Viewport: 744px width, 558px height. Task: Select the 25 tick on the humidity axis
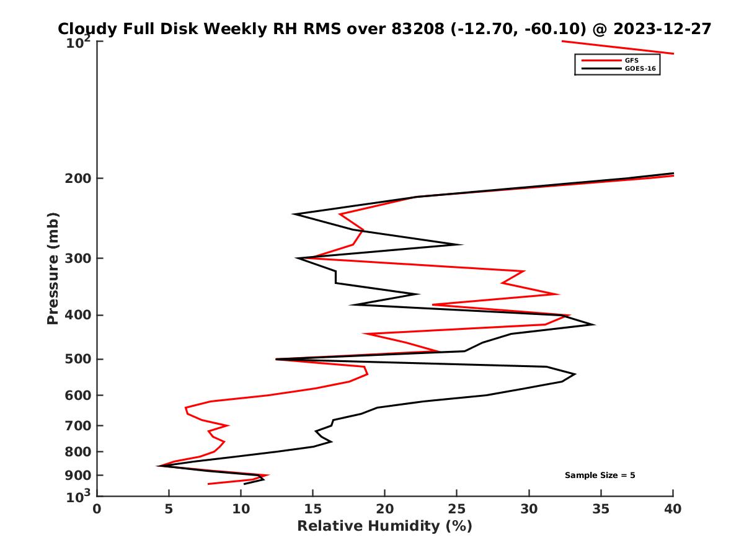pos(457,509)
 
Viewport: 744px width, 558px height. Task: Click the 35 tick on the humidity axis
pos(601,509)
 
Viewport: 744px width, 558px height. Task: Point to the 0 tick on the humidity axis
pos(97,509)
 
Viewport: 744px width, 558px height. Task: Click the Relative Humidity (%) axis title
pos(384,526)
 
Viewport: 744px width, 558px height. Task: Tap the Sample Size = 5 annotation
pos(600,476)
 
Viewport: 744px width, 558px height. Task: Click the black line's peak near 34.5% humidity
pos(594,324)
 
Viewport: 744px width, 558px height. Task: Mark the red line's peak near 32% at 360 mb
pos(559,294)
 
